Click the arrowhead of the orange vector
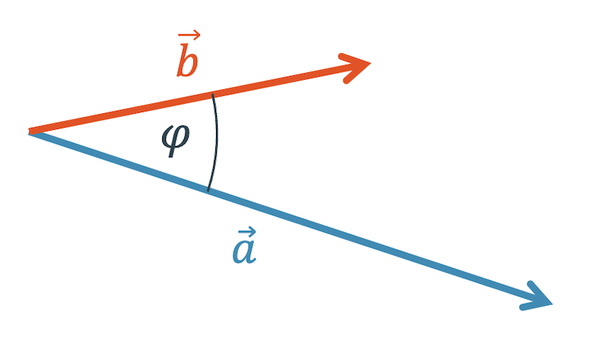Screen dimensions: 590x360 (x=355, y=68)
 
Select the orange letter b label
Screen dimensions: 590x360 (x=187, y=60)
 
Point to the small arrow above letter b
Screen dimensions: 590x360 (x=189, y=35)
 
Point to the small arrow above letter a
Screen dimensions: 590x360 (x=247, y=231)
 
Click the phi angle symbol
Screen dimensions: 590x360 (x=176, y=139)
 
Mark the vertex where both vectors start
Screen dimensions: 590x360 (x=30, y=131)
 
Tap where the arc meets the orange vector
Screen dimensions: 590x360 (x=213, y=94)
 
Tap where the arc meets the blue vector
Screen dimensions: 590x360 (x=208, y=191)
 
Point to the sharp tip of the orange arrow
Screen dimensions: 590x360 (x=371, y=63)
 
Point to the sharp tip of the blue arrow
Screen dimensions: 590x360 (x=552, y=303)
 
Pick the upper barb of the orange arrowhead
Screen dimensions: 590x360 (x=354, y=58)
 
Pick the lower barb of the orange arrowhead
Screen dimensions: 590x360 (x=357, y=73)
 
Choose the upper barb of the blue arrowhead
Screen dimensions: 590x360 (x=540, y=291)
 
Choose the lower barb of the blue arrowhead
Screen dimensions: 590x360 (x=536, y=305)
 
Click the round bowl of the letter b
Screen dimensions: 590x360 (x=190, y=66)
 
